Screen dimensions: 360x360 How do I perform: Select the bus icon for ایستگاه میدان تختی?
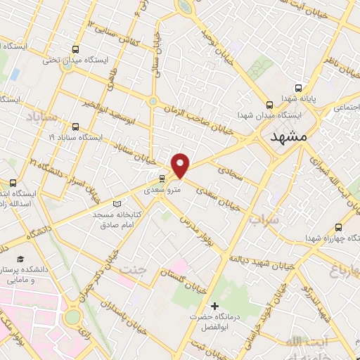pos(75,49)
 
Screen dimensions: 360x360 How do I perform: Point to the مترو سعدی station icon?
pos(163,178)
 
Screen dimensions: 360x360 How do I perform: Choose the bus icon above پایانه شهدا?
pos(299,89)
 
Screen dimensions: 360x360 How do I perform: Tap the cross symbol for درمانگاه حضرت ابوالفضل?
pos(215,306)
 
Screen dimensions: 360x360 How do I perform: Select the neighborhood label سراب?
pos(264,219)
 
